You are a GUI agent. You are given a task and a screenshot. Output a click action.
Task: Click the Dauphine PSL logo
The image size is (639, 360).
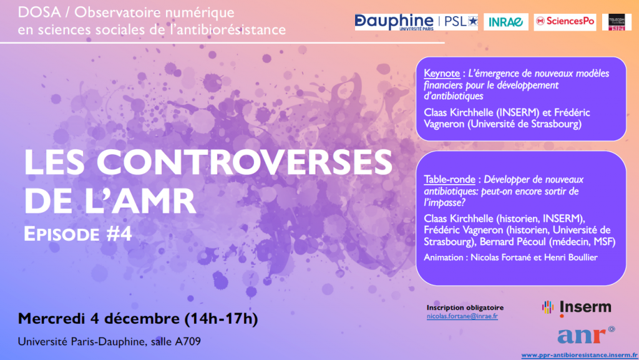[x=416, y=22]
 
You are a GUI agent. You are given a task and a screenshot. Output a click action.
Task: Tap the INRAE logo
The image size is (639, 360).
[x=505, y=22]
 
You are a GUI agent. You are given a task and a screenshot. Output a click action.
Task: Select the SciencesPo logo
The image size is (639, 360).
[x=565, y=22]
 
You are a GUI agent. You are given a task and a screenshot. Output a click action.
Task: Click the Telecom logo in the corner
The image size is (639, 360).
[x=617, y=22]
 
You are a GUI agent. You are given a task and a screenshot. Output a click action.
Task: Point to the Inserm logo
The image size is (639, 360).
[x=577, y=308]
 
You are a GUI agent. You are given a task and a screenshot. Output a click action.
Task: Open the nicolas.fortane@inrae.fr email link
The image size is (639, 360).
[x=462, y=316]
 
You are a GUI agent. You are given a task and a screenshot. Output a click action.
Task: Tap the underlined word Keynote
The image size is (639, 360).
[x=442, y=74]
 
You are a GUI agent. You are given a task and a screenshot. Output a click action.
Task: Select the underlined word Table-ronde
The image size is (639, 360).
[x=449, y=180]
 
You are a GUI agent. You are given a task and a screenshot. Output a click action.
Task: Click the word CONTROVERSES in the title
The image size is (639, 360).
[x=245, y=162]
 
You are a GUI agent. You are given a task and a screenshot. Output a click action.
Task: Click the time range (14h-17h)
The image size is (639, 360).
[x=222, y=318]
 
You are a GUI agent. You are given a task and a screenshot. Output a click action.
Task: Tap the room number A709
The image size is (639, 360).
[x=188, y=341]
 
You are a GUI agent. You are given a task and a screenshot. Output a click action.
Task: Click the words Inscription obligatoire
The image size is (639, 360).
[x=465, y=308]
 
